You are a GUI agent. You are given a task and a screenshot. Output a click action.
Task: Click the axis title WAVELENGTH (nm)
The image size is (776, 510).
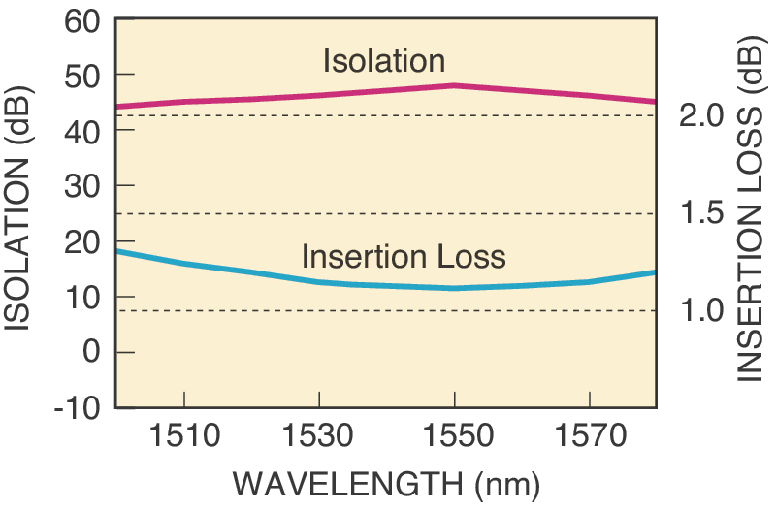[x=387, y=485]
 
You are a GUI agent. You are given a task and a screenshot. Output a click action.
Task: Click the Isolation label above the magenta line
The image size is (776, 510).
[x=384, y=61]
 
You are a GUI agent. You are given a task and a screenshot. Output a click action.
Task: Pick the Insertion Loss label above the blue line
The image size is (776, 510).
[x=404, y=257]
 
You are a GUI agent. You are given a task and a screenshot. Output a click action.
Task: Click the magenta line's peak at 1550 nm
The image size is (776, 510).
[x=455, y=85]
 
